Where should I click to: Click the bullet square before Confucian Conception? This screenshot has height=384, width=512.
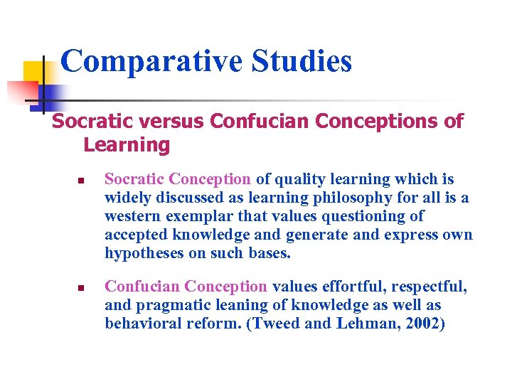(81, 289)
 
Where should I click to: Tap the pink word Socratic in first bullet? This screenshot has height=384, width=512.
(134, 179)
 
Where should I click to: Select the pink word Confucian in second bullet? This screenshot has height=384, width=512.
(142, 287)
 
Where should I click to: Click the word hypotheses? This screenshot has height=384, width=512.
(145, 253)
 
